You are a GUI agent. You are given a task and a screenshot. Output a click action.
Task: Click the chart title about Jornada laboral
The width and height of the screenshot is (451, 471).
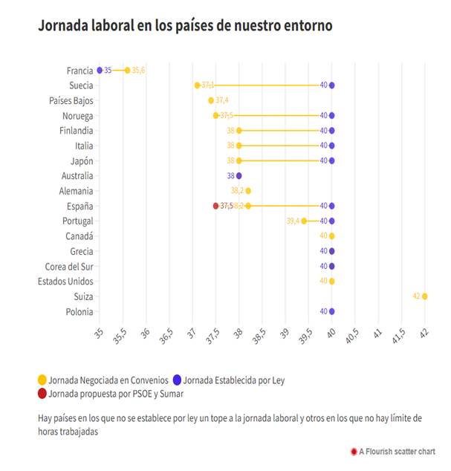coord(185,25)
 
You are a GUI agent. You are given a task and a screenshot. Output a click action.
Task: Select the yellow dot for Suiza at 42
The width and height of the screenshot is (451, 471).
coord(425,296)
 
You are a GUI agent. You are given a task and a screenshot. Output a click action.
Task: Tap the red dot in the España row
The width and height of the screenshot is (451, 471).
coord(215,206)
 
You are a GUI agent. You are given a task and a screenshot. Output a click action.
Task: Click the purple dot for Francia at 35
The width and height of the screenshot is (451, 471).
coord(100,70)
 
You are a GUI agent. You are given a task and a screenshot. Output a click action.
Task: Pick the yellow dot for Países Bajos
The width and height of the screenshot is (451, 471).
coord(211,100)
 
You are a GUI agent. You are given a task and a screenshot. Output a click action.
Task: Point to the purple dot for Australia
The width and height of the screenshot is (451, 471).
coord(239,176)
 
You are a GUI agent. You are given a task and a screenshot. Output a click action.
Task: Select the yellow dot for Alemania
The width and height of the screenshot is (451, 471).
coord(248,191)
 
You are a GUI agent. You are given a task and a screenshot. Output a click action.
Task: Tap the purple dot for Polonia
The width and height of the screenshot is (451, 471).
coord(331,311)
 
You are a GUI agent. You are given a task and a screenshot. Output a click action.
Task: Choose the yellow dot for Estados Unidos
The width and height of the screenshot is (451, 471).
coord(331,282)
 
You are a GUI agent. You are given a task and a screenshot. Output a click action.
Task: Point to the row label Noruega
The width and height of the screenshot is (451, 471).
coord(78,116)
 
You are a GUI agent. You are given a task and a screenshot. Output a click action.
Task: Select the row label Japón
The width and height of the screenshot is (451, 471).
coord(81,160)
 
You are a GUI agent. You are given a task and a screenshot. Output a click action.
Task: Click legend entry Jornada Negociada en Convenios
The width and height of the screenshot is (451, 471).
coord(107,380)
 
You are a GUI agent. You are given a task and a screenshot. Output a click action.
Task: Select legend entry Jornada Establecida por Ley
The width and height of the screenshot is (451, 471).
coord(232,380)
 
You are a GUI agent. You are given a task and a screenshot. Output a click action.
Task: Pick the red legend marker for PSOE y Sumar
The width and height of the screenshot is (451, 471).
coord(42,394)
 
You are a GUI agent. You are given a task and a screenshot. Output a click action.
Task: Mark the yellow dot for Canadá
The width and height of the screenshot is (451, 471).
coord(331,236)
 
